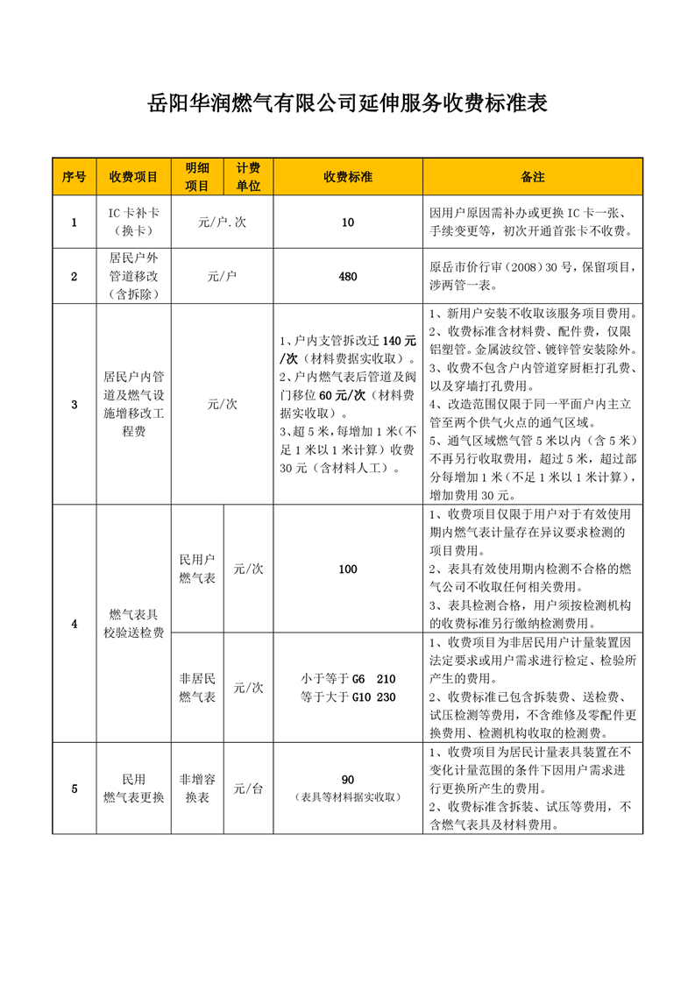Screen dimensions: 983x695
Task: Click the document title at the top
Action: tap(347, 104)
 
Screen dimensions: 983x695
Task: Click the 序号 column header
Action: tap(74, 177)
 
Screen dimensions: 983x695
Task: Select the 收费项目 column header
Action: tap(133, 177)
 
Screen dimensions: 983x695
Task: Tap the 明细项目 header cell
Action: tap(197, 177)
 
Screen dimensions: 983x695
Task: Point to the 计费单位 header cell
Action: tap(249, 177)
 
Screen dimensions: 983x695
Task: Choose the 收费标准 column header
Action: tap(348, 177)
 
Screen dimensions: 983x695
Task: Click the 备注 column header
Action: tap(533, 177)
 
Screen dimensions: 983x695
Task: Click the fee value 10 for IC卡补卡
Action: tap(348, 223)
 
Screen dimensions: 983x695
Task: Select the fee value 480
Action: tap(348, 277)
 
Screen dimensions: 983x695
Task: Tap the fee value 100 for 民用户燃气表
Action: tap(348, 569)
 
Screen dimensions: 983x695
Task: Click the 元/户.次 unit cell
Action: tap(223, 223)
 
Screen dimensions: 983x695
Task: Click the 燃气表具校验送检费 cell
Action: tap(133, 624)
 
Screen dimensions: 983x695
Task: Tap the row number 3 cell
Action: tap(74, 405)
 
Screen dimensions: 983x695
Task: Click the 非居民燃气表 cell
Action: tap(197, 688)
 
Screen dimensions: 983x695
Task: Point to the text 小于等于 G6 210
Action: tap(348, 679)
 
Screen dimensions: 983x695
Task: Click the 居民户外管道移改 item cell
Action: tap(133, 277)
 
